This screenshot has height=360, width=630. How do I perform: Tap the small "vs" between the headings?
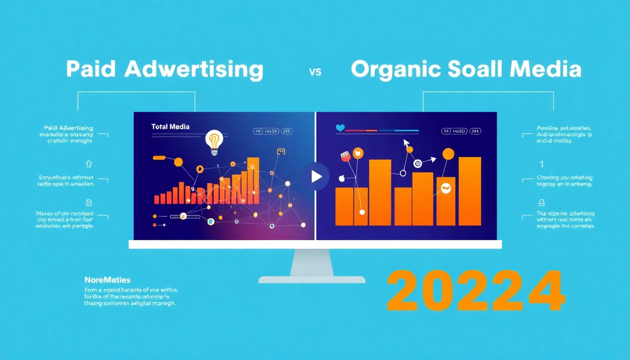(315, 72)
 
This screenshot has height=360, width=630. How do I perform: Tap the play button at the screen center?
(316, 176)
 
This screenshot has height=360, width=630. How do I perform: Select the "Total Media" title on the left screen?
(170, 126)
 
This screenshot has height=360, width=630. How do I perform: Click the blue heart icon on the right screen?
(340, 128)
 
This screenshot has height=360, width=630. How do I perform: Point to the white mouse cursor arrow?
(405, 142)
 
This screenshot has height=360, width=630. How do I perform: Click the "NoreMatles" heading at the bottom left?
(107, 280)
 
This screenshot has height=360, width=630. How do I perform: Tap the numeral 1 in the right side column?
(541, 163)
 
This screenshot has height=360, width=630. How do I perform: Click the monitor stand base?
(311, 279)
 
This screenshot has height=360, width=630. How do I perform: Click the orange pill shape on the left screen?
(159, 157)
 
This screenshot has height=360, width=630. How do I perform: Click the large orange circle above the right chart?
(448, 154)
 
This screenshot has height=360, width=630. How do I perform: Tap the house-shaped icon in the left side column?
(88, 164)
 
